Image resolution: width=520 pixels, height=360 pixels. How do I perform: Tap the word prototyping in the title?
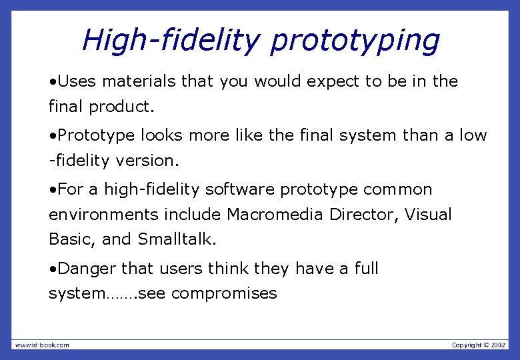coord(355,41)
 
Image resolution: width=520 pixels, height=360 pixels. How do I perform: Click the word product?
coord(118,107)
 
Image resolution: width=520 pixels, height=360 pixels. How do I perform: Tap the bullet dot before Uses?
coord(52,82)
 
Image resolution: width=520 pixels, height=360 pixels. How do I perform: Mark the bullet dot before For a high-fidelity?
coord(52,190)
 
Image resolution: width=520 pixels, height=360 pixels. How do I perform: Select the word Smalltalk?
coord(177,239)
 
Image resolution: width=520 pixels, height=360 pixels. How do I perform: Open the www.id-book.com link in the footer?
coord(42,345)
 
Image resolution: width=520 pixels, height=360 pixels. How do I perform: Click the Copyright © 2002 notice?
coord(479,345)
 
